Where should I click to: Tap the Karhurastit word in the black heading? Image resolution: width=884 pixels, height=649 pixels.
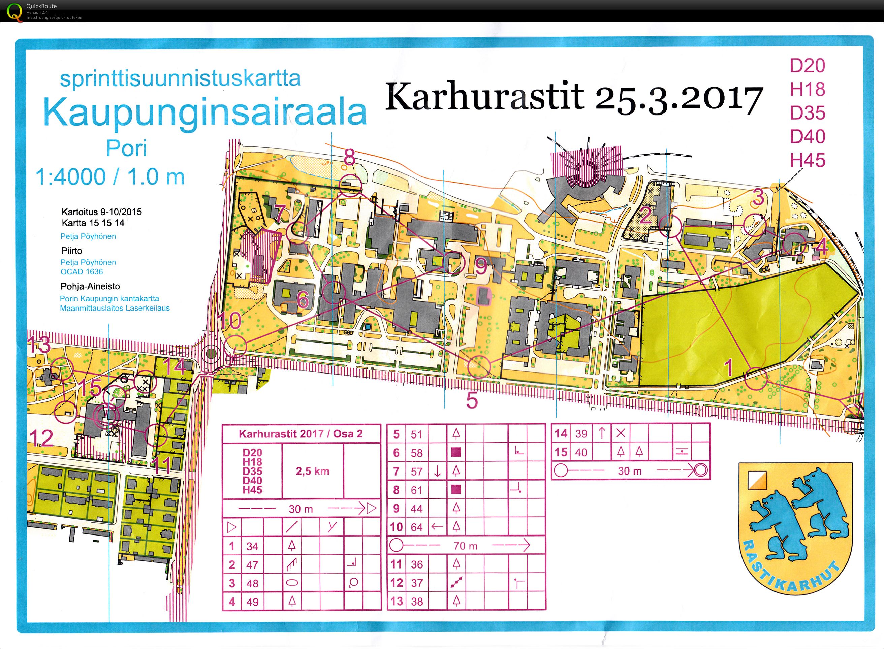(x=484, y=97)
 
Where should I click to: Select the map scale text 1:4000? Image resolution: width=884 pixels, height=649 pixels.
(x=70, y=176)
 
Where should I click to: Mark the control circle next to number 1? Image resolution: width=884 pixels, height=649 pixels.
(x=756, y=378)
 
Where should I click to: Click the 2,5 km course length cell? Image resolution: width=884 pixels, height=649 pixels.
(x=312, y=471)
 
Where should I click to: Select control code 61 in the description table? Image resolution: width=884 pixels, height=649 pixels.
(x=416, y=490)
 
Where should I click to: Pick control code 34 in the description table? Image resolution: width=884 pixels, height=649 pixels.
(x=252, y=546)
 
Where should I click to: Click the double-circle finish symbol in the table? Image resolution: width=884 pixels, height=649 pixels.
(x=700, y=470)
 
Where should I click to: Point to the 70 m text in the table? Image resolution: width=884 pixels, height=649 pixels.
(x=465, y=545)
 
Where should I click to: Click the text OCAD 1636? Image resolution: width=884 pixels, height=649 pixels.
(x=82, y=271)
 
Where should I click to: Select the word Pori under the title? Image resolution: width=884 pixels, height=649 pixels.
(x=127, y=148)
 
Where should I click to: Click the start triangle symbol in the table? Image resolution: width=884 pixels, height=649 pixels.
(x=232, y=527)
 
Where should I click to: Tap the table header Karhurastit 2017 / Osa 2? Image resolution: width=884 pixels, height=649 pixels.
(x=301, y=434)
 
